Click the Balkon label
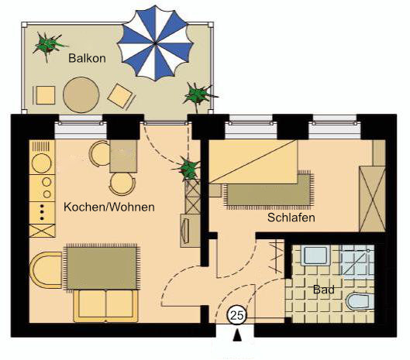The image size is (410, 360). point(87,58)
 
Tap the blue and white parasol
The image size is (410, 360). point(155,43)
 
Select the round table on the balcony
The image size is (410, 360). point(81,94)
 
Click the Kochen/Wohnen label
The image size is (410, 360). point(109,207)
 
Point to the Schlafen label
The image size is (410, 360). point(291,218)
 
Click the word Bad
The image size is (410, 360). point(324,290)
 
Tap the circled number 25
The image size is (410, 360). point(237,315)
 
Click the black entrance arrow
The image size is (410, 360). point(237,335)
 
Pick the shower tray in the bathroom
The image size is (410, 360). point(357,260)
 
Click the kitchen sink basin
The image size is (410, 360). point(41,163)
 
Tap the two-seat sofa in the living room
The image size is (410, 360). point(106,306)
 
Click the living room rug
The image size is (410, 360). point(102,268)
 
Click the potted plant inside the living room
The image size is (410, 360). point(188,168)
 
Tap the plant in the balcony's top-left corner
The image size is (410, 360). point(48,46)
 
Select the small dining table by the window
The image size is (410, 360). point(123,156)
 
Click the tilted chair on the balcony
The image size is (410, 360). point(121,96)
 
